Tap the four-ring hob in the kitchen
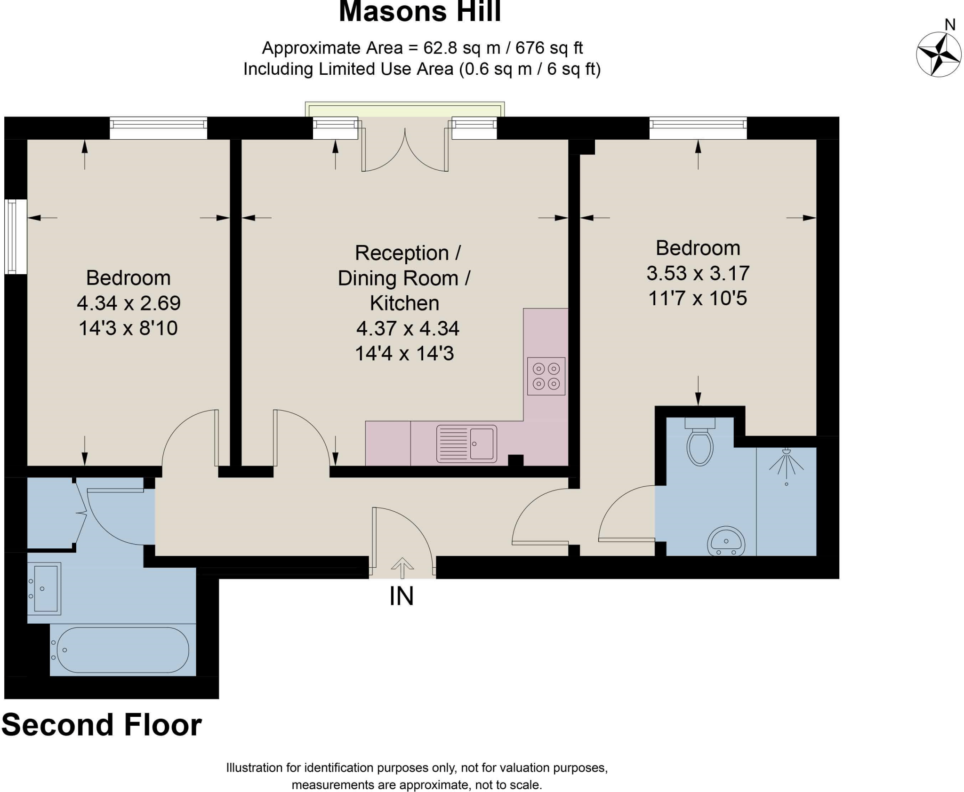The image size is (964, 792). coord(546,376)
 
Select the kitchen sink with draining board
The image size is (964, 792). coord(466,444)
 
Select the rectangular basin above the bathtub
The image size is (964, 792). coord(45,588)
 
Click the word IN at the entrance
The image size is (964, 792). coord(402,596)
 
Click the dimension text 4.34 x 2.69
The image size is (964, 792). coord(129,303)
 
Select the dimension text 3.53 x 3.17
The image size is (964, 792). coord(698,273)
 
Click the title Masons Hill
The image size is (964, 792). coord(420,11)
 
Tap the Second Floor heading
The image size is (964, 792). coord(102,725)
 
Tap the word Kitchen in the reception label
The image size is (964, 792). coord(404,303)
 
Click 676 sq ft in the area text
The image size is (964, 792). coord(549,48)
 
